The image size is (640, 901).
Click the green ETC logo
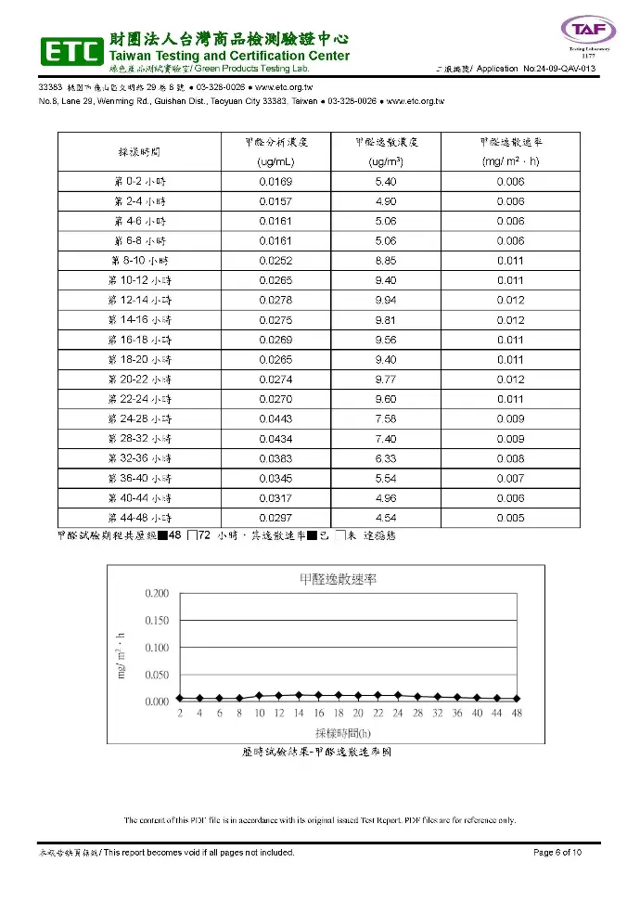point(70,52)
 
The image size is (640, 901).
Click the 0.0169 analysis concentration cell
point(275,182)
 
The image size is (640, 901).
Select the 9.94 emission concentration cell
point(385,300)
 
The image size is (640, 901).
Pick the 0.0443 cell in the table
point(275,418)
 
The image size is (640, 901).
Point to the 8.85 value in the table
point(385,261)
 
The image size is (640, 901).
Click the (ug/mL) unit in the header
point(275,161)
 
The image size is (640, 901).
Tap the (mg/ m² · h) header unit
point(510,161)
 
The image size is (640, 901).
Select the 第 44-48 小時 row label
point(138,517)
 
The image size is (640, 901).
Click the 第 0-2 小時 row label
point(138,182)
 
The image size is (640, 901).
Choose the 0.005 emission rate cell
point(510,517)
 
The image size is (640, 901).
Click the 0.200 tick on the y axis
point(157,593)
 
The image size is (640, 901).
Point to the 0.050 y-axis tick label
point(157,675)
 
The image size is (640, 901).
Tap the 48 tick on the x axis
point(517,713)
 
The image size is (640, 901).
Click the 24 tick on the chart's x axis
point(398,713)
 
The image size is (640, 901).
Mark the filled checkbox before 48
point(163,535)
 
